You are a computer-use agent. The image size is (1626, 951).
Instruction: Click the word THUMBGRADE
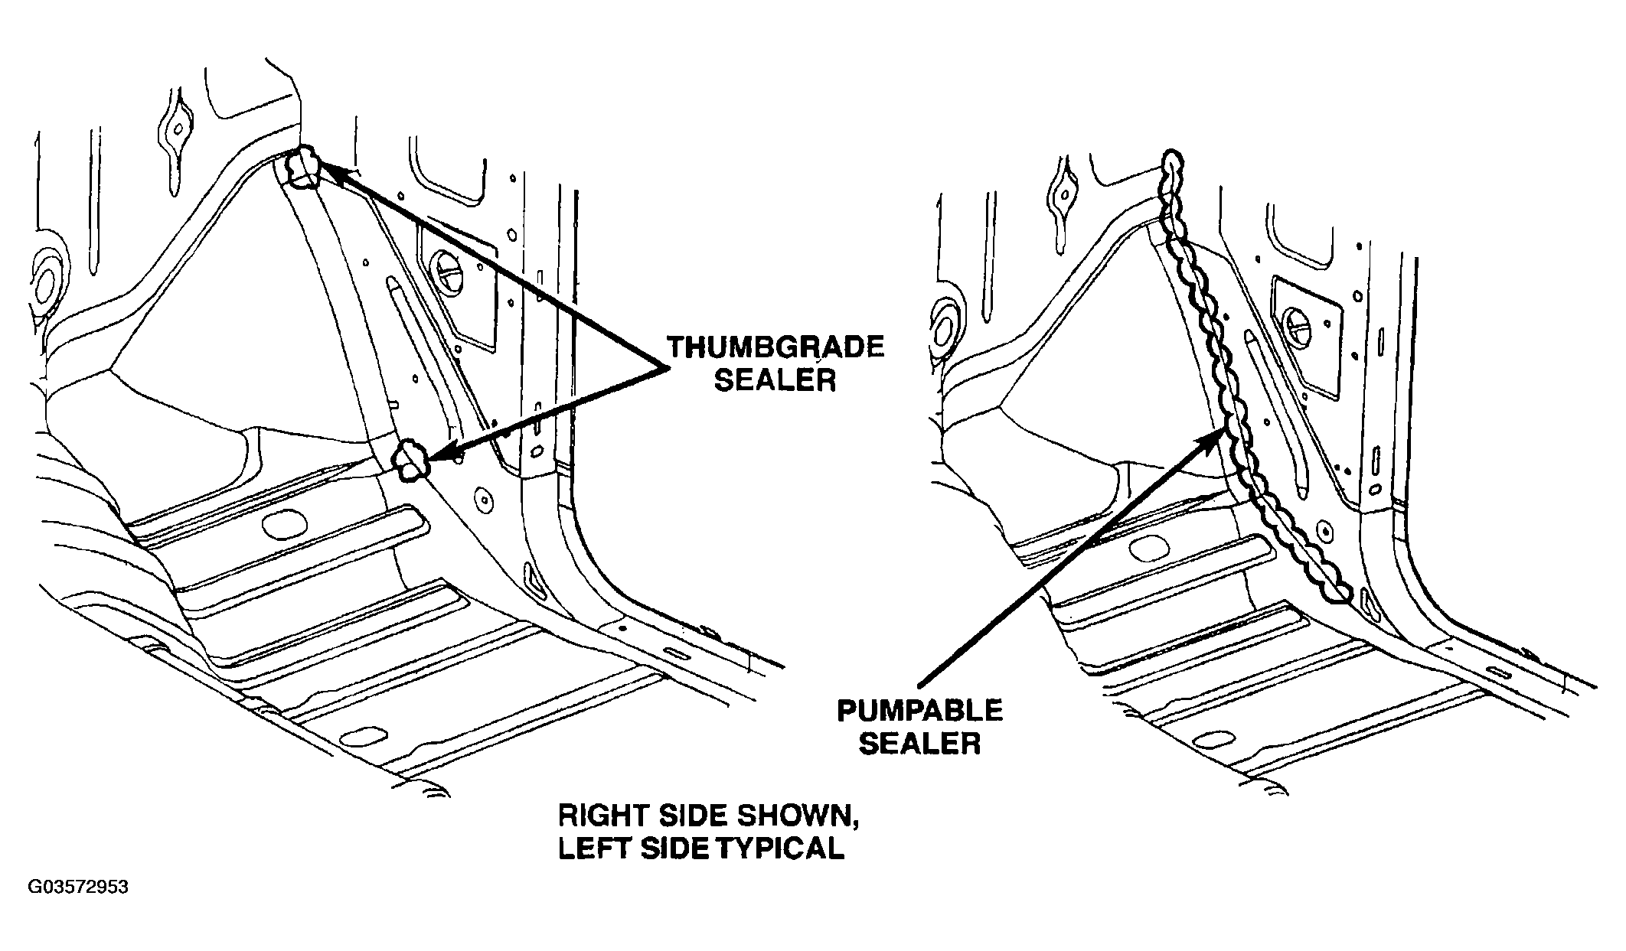775,348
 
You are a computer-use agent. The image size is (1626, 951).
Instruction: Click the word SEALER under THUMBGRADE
775,380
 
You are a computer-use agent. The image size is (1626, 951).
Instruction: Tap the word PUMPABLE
919,711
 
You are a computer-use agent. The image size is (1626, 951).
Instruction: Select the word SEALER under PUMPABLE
919,743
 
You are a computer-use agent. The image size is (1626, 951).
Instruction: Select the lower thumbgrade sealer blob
410,461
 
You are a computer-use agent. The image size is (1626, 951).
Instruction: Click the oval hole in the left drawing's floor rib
284,524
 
